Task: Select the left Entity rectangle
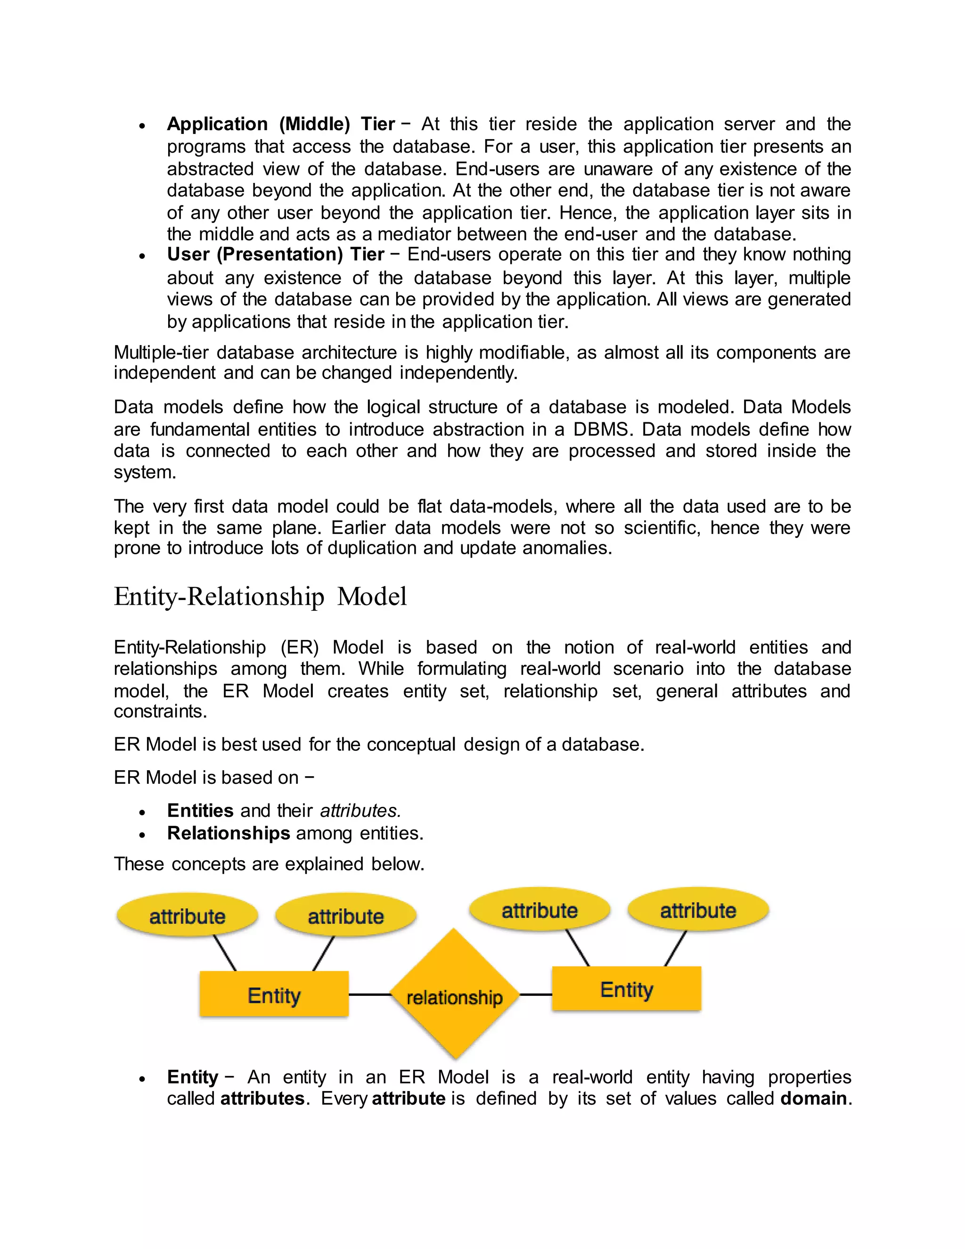click(274, 995)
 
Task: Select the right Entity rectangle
click(626, 989)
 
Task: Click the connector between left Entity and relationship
click(369, 994)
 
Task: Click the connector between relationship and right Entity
click(536, 994)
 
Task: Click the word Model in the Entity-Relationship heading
click(372, 597)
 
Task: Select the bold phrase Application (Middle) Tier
click(281, 124)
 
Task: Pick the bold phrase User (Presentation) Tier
click(276, 255)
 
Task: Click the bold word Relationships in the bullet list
click(229, 833)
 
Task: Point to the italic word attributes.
click(360, 811)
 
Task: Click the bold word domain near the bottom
click(813, 1099)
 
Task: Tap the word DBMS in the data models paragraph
click(603, 429)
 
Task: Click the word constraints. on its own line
click(160, 711)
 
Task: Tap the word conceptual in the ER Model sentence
click(411, 745)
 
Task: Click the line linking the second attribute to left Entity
click(324, 953)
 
